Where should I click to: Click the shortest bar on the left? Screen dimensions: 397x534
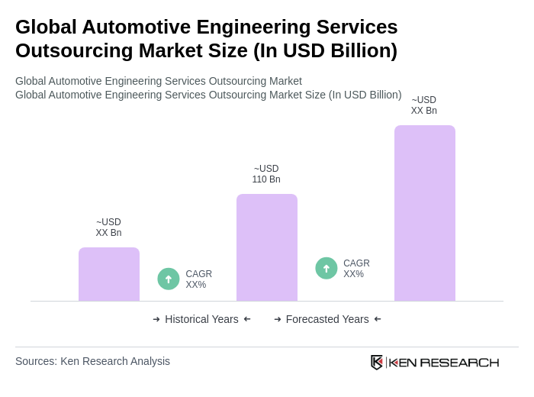pyautogui.click(x=109, y=274)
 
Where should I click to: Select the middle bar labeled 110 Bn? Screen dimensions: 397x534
pyautogui.click(x=266, y=247)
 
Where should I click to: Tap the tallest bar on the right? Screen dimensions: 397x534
pyautogui.click(x=424, y=213)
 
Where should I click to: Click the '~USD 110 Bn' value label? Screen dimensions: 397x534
pyautogui.click(x=266, y=174)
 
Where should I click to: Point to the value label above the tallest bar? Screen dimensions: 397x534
pyautogui.click(x=424, y=105)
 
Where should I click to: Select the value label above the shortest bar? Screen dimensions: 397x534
pyautogui.click(x=108, y=228)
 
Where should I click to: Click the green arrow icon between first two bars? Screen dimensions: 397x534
pyautogui.click(x=169, y=279)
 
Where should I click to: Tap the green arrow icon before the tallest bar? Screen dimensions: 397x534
pyautogui.click(x=327, y=268)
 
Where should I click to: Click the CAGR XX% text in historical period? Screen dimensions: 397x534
pyautogui.click(x=198, y=279)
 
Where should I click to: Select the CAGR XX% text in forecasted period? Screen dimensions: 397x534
pyautogui.click(x=356, y=269)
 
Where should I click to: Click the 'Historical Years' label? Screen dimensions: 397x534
pyautogui.click(x=201, y=319)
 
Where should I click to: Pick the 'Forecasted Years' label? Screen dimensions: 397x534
pyautogui.click(x=327, y=319)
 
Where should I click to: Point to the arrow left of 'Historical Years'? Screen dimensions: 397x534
pyautogui.click(x=156, y=319)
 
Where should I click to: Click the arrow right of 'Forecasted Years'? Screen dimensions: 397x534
pyautogui.click(x=378, y=319)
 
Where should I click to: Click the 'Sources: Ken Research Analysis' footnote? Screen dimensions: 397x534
pyautogui.click(x=92, y=361)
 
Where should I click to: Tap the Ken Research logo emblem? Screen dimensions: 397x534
pyautogui.click(x=377, y=362)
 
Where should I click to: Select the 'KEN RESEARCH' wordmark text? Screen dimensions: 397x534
pyautogui.click(x=443, y=362)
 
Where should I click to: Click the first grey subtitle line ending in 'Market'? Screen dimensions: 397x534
pyautogui.click(x=159, y=81)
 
